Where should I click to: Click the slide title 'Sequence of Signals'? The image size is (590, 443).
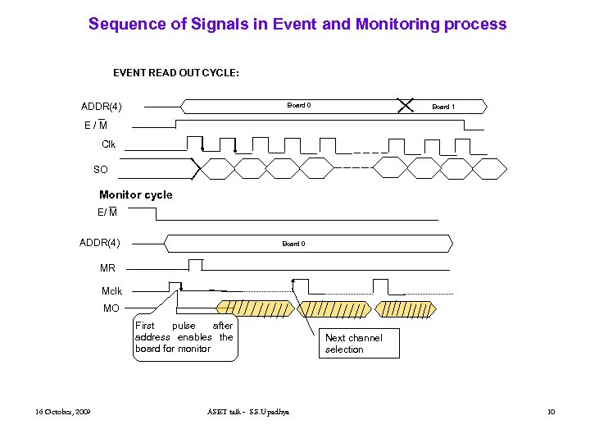[x=297, y=24]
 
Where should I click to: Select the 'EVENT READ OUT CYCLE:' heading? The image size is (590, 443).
[x=175, y=73]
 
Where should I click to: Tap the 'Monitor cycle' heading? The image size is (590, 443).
[x=135, y=194]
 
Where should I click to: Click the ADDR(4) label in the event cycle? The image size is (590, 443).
[x=101, y=107]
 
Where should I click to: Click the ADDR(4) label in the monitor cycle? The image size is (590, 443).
[x=99, y=243]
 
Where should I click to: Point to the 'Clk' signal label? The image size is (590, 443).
[x=108, y=144]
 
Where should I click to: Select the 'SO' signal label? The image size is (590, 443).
[x=100, y=169]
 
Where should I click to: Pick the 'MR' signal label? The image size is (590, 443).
[x=107, y=268]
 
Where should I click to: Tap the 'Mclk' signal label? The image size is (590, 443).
[x=111, y=291]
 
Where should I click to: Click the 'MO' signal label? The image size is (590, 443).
[x=111, y=308]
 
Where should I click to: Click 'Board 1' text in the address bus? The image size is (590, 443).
[x=443, y=107]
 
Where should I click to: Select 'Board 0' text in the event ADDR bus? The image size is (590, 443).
[x=298, y=105]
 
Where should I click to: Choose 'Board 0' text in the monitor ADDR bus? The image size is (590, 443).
[x=293, y=244]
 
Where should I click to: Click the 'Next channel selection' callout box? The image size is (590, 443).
[x=360, y=344]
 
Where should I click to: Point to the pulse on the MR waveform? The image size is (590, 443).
[x=195, y=264]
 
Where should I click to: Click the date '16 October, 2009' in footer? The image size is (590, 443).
[x=63, y=411]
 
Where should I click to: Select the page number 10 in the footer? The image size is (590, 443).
[x=551, y=411]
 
